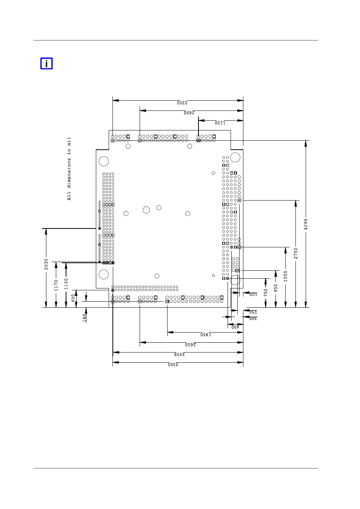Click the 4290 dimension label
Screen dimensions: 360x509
pos(306,224)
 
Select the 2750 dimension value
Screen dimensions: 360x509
pos(295,253)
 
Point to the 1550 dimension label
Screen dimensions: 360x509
pos(285,276)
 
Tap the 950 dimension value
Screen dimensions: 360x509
pos(275,288)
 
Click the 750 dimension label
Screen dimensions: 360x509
pos(266,293)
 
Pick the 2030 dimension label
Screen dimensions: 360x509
pos(46,264)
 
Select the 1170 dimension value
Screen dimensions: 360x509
pos(56,285)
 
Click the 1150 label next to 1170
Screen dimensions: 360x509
pos(66,284)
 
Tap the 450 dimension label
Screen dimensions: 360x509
pos(73,298)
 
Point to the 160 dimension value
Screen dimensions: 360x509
pos(85,318)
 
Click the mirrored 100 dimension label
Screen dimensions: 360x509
pos(253,294)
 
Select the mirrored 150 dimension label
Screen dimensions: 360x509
pos(253,312)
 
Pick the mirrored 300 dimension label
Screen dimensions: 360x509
pos(253,319)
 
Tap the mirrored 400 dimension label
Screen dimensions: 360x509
pos(235,327)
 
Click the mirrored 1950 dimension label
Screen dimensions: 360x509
pos(206,334)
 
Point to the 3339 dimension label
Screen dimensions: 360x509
pos(180,354)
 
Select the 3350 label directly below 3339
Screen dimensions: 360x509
pos(173,365)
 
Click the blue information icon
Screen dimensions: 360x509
pos(46,63)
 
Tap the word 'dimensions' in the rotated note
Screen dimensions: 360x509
pos(69,173)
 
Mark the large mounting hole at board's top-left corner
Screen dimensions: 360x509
pos(104,156)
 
